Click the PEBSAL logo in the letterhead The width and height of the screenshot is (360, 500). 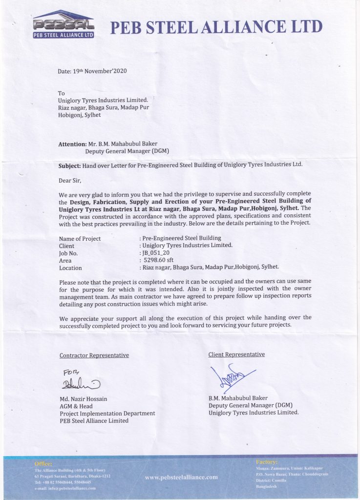click(63, 24)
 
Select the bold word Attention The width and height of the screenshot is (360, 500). click(72, 145)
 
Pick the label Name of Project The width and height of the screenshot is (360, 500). click(80, 239)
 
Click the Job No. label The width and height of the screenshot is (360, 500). click(69, 253)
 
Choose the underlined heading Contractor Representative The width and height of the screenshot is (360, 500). click(94, 355)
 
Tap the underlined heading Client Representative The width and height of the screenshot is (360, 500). click(236, 354)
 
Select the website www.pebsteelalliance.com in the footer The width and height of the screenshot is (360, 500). click(182, 477)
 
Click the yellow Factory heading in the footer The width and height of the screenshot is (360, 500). click(266, 461)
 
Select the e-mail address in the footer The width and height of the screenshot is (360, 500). click(65, 488)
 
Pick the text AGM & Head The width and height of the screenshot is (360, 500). click(76, 406)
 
